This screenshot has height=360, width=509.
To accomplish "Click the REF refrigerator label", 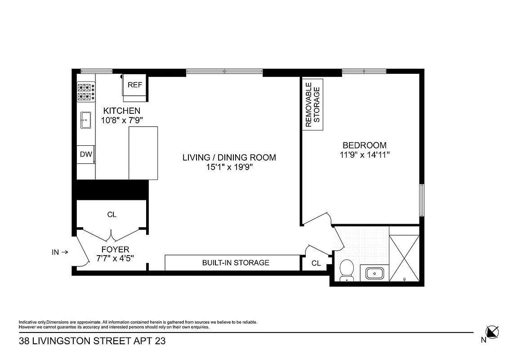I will pos(135,85).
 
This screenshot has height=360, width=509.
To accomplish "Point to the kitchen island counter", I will pos(143,153).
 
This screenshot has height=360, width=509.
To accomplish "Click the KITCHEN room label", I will pos(122,111).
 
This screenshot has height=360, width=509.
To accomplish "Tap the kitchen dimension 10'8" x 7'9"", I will pos(122,120).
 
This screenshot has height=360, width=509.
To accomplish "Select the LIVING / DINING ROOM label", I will pos(229,157).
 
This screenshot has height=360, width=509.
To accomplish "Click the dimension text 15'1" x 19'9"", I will pos(229,167).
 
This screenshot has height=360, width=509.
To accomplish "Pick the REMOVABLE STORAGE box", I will pos(313,105).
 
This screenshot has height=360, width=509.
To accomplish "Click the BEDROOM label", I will pos(364,145).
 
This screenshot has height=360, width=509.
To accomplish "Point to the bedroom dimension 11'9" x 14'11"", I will pos(364,155).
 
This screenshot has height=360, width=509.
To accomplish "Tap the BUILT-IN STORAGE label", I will pos(236,262).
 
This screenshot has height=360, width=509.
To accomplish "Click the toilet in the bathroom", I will pos(347,270).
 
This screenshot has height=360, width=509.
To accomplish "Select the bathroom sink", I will pos(374,273).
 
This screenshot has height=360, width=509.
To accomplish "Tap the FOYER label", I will pos(115,249).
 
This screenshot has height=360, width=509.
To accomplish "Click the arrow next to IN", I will pos(64,252).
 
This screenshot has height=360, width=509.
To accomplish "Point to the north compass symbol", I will pos(492,333).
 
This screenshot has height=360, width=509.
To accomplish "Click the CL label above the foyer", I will pos(112,215).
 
